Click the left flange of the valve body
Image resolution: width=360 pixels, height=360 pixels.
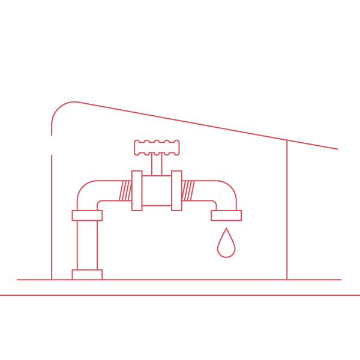coord(137,191)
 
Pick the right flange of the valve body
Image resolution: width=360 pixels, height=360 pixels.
coord(176,191)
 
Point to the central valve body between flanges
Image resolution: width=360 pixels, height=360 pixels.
coord(157,191)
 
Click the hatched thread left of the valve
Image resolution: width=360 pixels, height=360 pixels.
coord(125,191)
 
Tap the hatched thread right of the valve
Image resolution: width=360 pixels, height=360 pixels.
coord(188,191)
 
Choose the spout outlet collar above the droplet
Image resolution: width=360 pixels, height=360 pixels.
coord(226,215)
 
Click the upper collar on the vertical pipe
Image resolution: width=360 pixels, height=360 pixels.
coord(87,215)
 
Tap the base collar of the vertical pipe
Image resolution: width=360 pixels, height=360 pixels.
coord(87,274)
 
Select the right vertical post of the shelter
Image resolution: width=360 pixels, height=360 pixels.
coord(287,210)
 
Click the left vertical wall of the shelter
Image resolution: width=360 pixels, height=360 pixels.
coord(52,216)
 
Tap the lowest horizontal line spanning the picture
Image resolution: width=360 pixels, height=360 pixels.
coord(180,295)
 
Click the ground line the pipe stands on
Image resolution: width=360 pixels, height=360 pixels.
coord(180,280)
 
